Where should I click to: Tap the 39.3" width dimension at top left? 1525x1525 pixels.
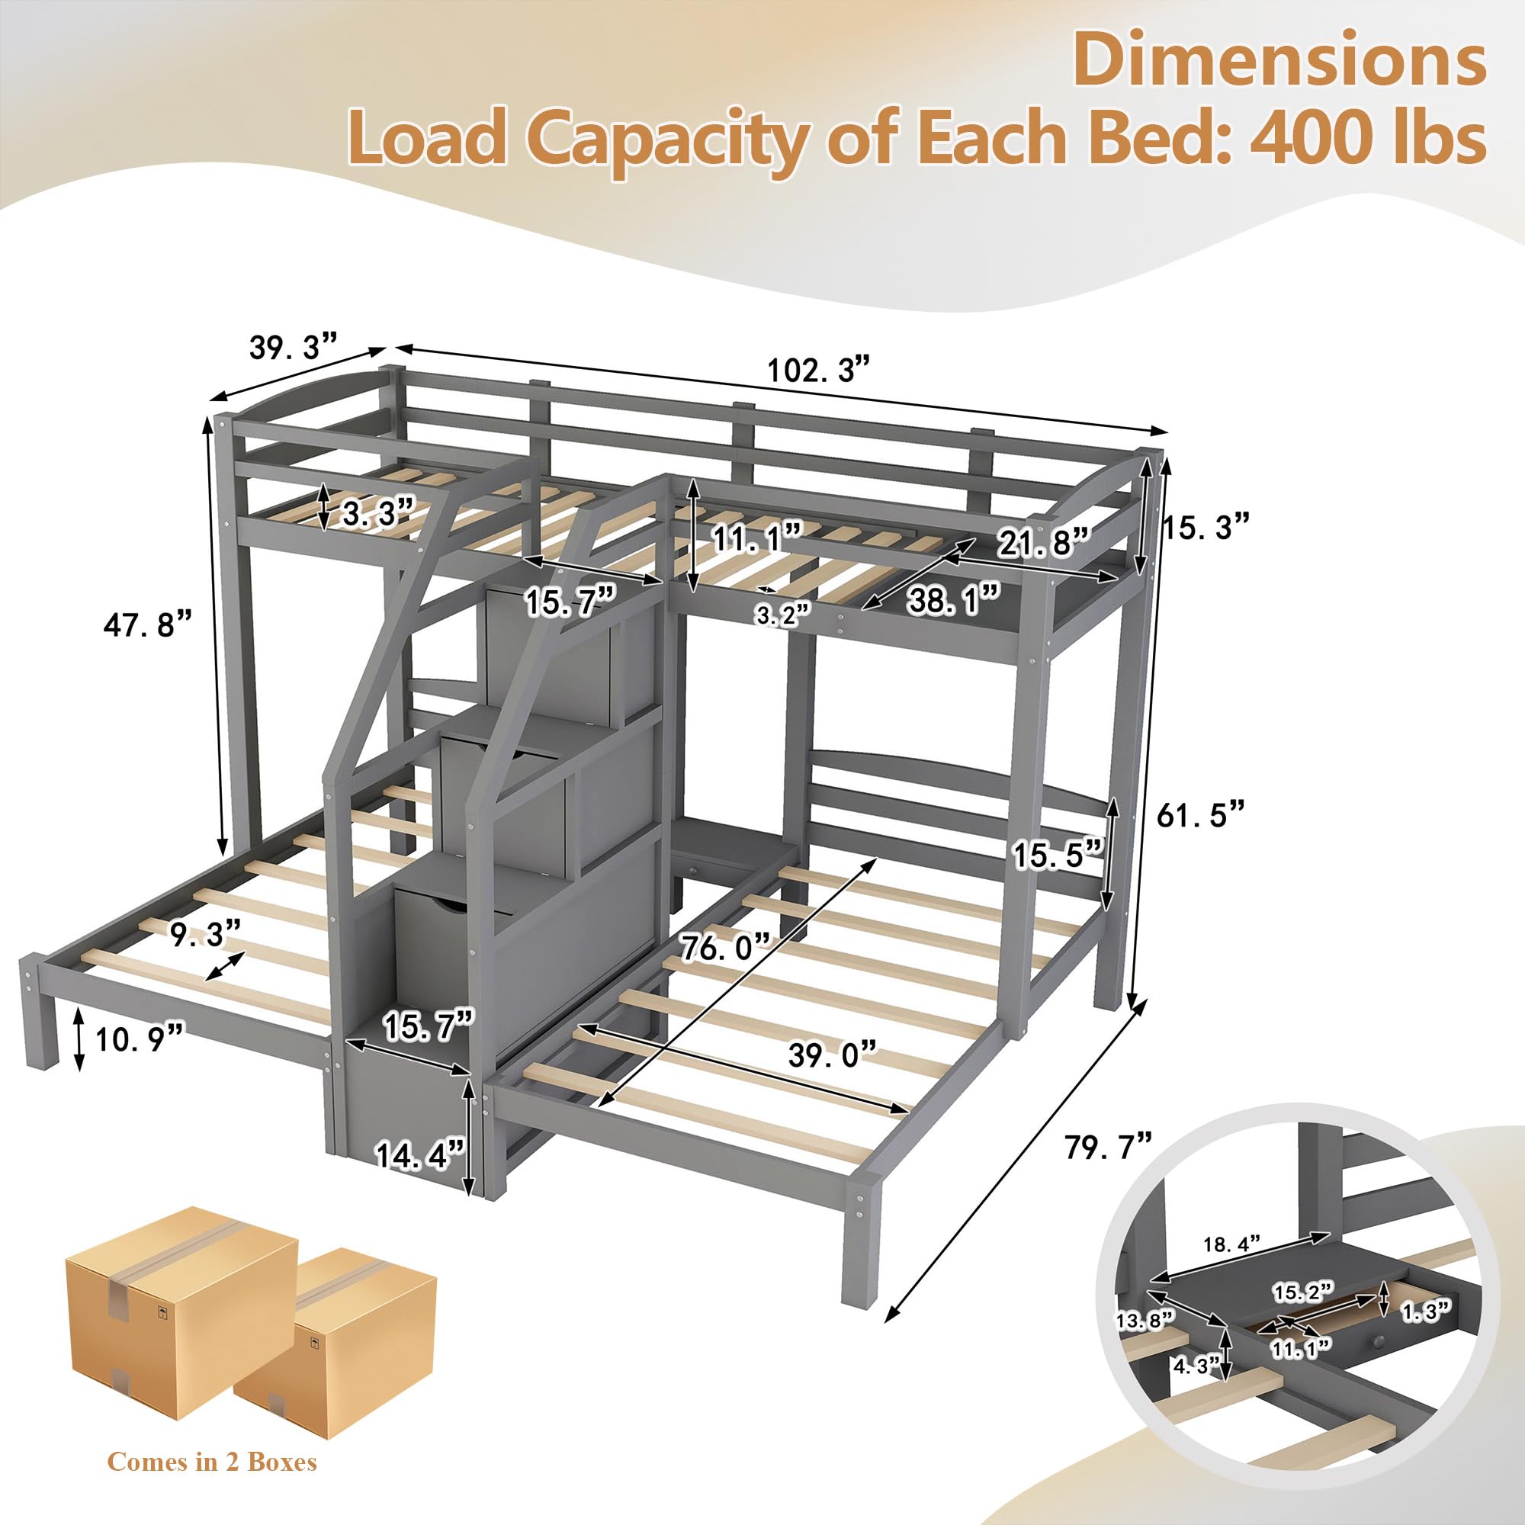point(294,346)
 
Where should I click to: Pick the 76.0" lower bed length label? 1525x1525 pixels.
point(724,945)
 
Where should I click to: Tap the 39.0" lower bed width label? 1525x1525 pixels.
point(832,1053)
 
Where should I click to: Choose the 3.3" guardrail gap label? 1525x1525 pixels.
point(378,512)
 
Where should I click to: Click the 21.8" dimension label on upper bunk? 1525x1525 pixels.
point(1042,542)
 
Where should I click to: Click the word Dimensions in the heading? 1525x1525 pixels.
point(1279,61)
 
